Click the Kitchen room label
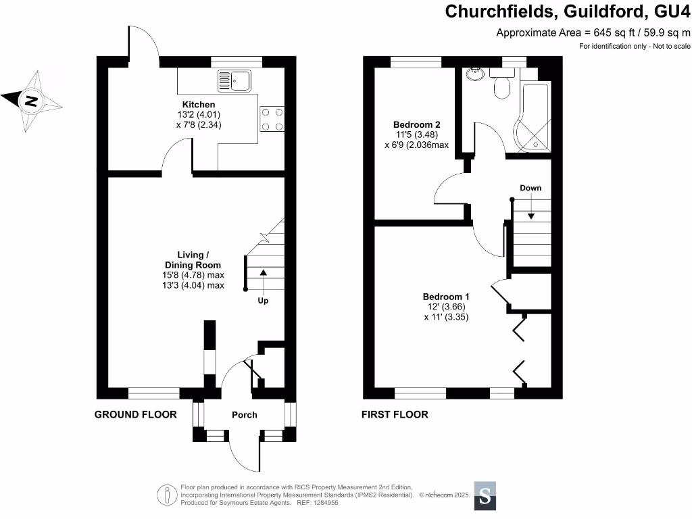coord(201,105)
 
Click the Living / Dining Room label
coord(193,259)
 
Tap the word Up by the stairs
coord(263,301)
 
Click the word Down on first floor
coord(530,188)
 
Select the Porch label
coord(245,414)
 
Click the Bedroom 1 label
coord(446,297)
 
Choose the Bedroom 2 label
coord(417,124)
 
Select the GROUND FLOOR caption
coord(135,414)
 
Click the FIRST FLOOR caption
coord(395,414)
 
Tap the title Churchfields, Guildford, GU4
coord(567,11)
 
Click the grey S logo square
coord(485,497)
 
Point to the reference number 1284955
coord(324,502)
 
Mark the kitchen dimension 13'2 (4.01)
coord(201,115)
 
